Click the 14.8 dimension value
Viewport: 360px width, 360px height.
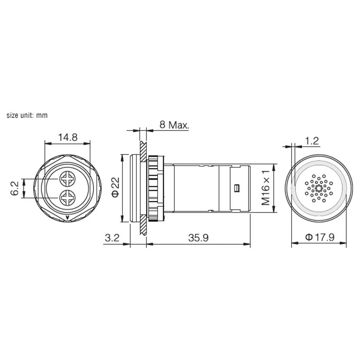click(x=68, y=138)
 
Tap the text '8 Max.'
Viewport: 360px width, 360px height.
click(x=174, y=125)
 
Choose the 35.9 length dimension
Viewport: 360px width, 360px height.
click(x=198, y=238)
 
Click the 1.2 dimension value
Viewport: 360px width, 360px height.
click(x=312, y=141)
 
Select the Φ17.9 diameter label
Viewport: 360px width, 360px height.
click(x=320, y=237)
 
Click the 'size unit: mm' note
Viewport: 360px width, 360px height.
click(x=27, y=116)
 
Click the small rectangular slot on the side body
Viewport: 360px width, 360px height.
click(x=237, y=188)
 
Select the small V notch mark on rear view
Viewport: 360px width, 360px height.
click(x=67, y=217)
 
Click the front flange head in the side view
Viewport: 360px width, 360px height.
click(x=135, y=188)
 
